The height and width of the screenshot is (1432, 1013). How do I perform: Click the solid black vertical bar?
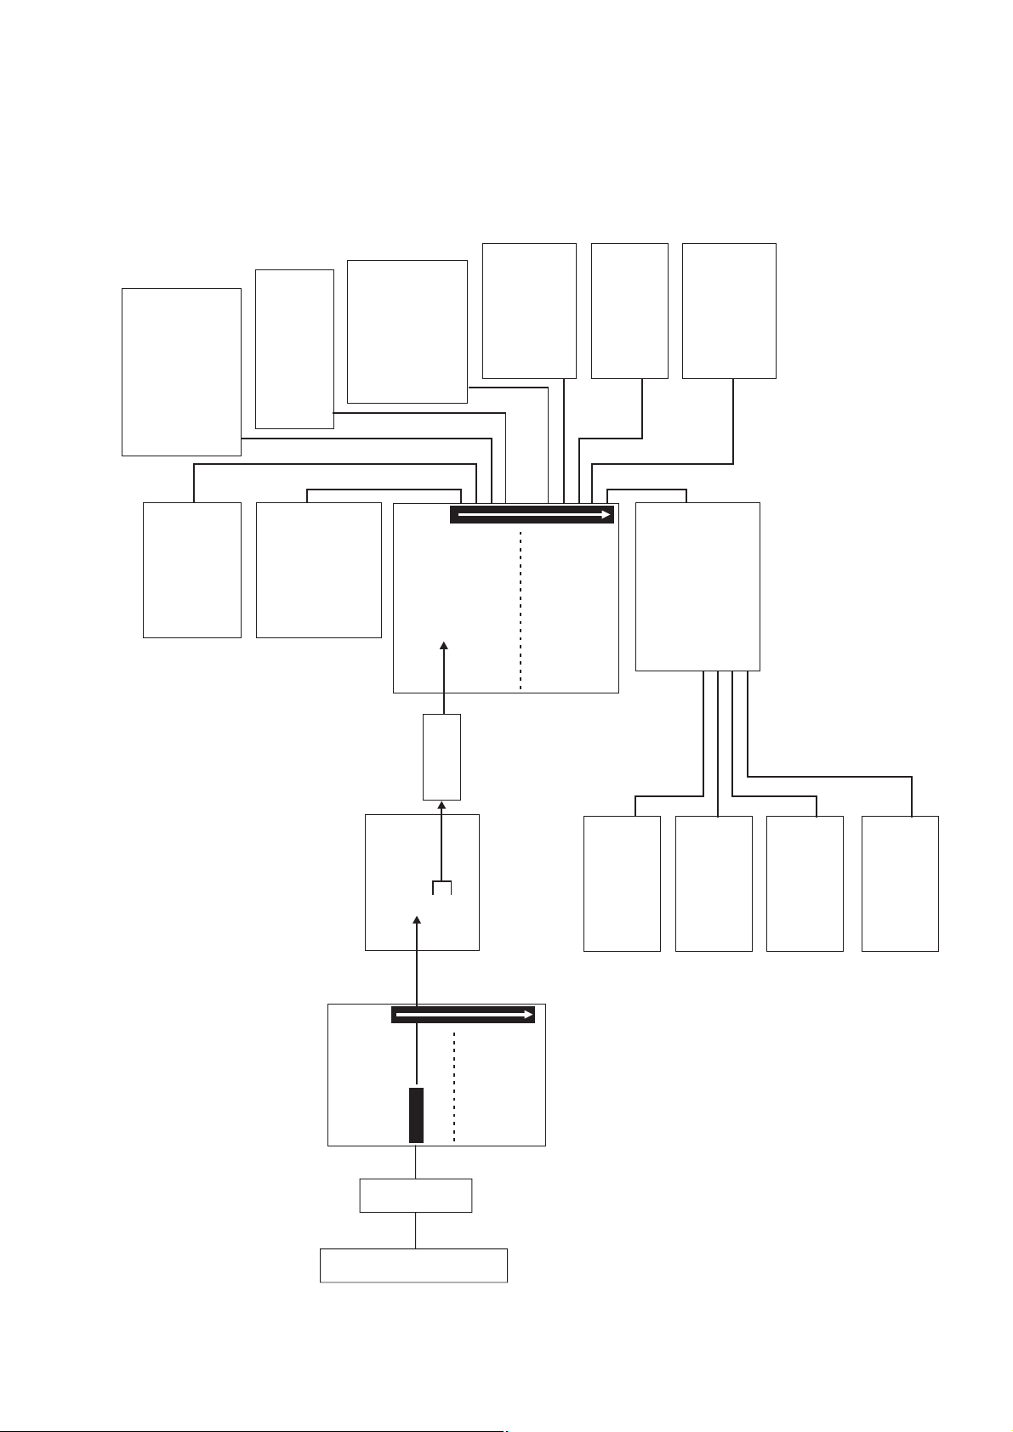(x=416, y=1114)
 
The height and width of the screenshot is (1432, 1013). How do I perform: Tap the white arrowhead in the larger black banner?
(x=606, y=514)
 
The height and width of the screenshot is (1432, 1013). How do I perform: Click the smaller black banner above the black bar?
(x=463, y=1014)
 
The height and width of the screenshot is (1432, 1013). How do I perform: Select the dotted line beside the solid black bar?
(x=455, y=1088)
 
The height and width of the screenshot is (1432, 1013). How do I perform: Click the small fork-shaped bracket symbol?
(x=441, y=887)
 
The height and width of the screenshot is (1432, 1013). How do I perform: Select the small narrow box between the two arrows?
(x=441, y=756)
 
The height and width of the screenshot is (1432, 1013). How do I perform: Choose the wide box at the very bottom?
(x=413, y=1265)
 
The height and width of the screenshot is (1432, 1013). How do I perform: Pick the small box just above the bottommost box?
(x=415, y=1195)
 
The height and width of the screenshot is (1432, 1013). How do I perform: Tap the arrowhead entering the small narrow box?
(x=441, y=805)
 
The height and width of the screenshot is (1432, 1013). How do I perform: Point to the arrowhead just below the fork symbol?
(x=417, y=921)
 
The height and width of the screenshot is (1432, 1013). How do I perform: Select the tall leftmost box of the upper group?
(x=181, y=371)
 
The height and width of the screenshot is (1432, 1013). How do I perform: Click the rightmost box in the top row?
(x=729, y=310)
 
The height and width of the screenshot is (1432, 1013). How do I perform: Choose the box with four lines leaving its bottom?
(x=697, y=586)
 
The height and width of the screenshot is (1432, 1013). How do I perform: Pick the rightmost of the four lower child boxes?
(x=900, y=883)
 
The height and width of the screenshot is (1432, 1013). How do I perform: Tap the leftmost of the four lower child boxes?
(x=622, y=883)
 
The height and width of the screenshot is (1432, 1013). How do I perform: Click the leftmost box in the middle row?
(x=192, y=569)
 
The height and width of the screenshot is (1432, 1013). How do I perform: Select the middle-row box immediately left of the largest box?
(x=318, y=569)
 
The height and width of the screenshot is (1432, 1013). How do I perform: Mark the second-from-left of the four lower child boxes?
(x=714, y=883)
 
